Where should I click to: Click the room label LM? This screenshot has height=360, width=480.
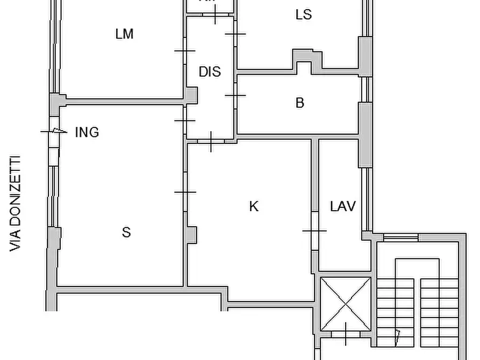pyautogui.click(x=124, y=34)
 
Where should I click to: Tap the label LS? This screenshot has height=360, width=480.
pyautogui.click(x=304, y=15)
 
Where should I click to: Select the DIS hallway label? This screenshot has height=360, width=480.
pyautogui.click(x=210, y=71)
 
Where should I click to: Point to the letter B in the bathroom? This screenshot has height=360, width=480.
pyautogui.click(x=300, y=103)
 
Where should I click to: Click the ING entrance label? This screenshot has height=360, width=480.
pyautogui.click(x=87, y=132)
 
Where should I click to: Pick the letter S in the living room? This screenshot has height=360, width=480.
pyautogui.click(x=126, y=232)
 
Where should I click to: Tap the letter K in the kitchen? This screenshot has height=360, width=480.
pyautogui.click(x=254, y=206)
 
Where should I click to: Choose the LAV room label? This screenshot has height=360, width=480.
pyautogui.click(x=343, y=206)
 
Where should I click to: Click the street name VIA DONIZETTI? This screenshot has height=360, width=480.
pyautogui.click(x=16, y=204)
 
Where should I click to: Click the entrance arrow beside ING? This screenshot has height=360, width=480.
pyautogui.click(x=56, y=131)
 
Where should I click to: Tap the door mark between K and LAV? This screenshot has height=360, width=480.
pyautogui.click(x=314, y=231)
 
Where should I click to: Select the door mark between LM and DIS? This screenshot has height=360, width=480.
pyautogui.click(x=185, y=51)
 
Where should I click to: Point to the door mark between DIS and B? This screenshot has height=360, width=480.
pyautogui.click(x=235, y=95)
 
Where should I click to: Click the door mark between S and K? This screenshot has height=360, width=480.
pyautogui.click(x=185, y=192)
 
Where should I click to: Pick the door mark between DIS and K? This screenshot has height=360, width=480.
pyautogui.click(x=211, y=141)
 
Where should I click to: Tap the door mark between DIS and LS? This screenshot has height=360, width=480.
pyautogui.click(x=235, y=34)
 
